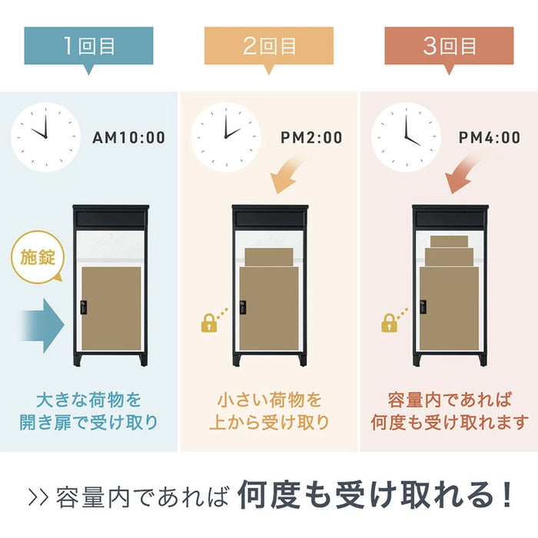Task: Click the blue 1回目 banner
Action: click(x=88, y=46)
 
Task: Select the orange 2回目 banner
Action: click(x=269, y=46)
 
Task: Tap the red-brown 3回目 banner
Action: click(x=450, y=46)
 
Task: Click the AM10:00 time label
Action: click(x=128, y=138)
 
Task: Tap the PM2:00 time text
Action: click(x=311, y=138)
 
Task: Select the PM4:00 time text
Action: click(x=490, y=138)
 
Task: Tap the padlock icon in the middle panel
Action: click(x=209, y=323)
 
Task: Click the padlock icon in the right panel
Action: click(x=390, y=323)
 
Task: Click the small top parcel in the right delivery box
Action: click(x=449, y=241)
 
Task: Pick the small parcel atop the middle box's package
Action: click(x=268, y=257)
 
